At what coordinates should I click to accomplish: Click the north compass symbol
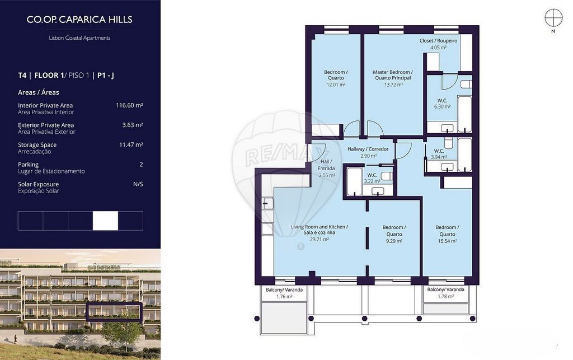(x=553, y=17)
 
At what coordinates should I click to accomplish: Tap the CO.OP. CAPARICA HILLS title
(x=79, y=20)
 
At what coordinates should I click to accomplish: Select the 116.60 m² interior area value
(x=129, y=105)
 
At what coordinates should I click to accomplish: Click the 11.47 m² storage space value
(x=131, y=145)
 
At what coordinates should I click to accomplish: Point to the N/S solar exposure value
(x=138, y=184)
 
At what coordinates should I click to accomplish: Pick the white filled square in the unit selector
(x=105, y=221)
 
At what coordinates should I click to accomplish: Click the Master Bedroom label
(x=393, y=75)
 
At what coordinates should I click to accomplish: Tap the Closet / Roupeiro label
(x=438, y=40)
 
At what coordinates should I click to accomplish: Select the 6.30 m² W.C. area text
(x=442, y=107)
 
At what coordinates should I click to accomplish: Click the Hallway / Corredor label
(x=368, y=149)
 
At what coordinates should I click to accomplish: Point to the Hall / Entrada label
(x=326, y=165)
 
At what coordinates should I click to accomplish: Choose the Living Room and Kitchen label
(x=320, y=230)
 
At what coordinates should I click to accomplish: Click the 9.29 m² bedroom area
(x=394, y=241)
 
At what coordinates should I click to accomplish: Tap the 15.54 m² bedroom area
(x=447, y=241)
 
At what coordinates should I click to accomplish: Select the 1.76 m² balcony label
(x=284, y=297)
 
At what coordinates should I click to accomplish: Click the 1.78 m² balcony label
(x=446, y=297)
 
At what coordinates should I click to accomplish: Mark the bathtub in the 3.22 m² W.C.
(x=354, y=181)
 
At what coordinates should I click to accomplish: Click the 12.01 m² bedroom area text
(x=336, y=85)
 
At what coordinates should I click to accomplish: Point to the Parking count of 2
(x=141, y=165)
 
